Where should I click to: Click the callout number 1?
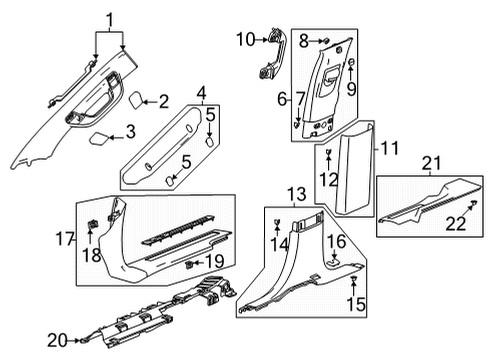point(110,17)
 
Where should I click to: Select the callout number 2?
point(164,99)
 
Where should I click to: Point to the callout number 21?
point(431,164)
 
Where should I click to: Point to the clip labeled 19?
point(189,263)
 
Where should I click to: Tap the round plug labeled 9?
point(351,66)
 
